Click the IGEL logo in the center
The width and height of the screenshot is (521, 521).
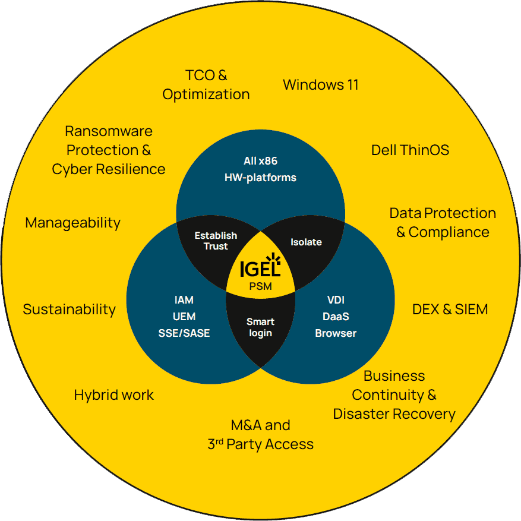pyautogui.click(x=260, y=267)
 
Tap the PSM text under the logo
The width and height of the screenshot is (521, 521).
pyautogui.click(x=260, y=286)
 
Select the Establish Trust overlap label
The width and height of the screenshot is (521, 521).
pyautogui.click(x=216, y=241)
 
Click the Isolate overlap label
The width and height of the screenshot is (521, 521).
pyautogui.click(x=306, y=242)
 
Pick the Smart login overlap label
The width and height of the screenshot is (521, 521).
pyautogui.click(x=260, y=327)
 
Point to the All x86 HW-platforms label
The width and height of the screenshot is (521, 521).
pyautogui.click(x=260, y=169)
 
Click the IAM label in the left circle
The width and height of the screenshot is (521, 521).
pyautogui.click(x=184, y=300)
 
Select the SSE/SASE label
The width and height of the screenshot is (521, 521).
pyautogui.click(x=184, y=333)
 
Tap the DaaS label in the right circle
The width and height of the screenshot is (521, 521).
pyautogui.click(x=336, y=317)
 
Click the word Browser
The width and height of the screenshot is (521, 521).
pyautogui.click(x=336, y=333)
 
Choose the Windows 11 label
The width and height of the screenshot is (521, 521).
pyautogui.click(x=320, y=84)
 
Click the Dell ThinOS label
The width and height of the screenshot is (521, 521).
pyautogui.click(x=410, y=150)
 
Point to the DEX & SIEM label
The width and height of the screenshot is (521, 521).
pyautogui.click(x=450, y=309)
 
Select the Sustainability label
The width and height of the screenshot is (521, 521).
pyautogui.click(x=69, y=309)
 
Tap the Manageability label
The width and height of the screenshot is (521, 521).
pyautogui.click(x=72, y=223)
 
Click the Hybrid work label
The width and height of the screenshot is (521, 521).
pyautogui.click(x=113, y=395)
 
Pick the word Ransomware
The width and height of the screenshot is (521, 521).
pyautogui.click(x=109, y=131)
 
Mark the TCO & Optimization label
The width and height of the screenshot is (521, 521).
pyautogui.click(x=206, y=84)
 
